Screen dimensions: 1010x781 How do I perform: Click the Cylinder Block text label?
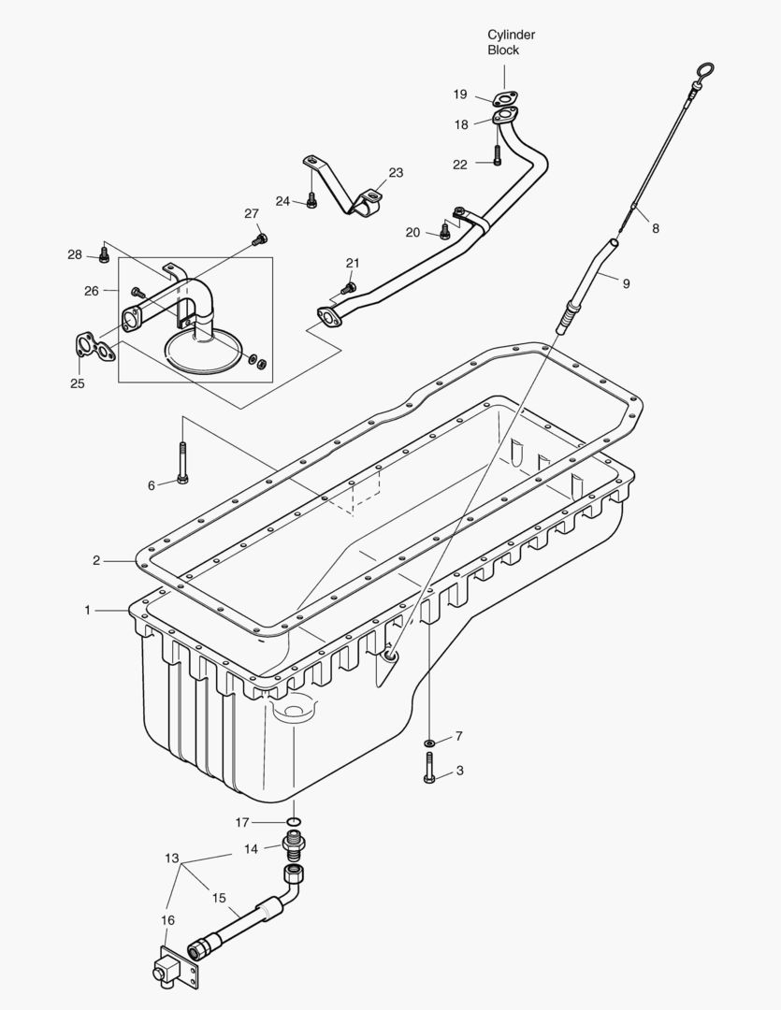tap(511, 42)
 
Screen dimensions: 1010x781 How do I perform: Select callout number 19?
tap(460, 94)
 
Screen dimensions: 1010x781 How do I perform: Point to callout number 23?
tap(396, 172)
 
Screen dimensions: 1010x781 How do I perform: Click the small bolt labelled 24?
tap(312, 202)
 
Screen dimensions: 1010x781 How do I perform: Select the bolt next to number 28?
tap(104, 254)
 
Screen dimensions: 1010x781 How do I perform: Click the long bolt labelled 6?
tap(182, 464)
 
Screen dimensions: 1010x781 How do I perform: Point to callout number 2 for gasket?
tap(96, 560)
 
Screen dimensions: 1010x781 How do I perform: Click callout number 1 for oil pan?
tap(87, 610)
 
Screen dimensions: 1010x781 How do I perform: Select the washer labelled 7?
tap(428, 743)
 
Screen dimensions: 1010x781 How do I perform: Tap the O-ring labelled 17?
tap(294, 823)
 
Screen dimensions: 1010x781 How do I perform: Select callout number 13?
tap(171, 858)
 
